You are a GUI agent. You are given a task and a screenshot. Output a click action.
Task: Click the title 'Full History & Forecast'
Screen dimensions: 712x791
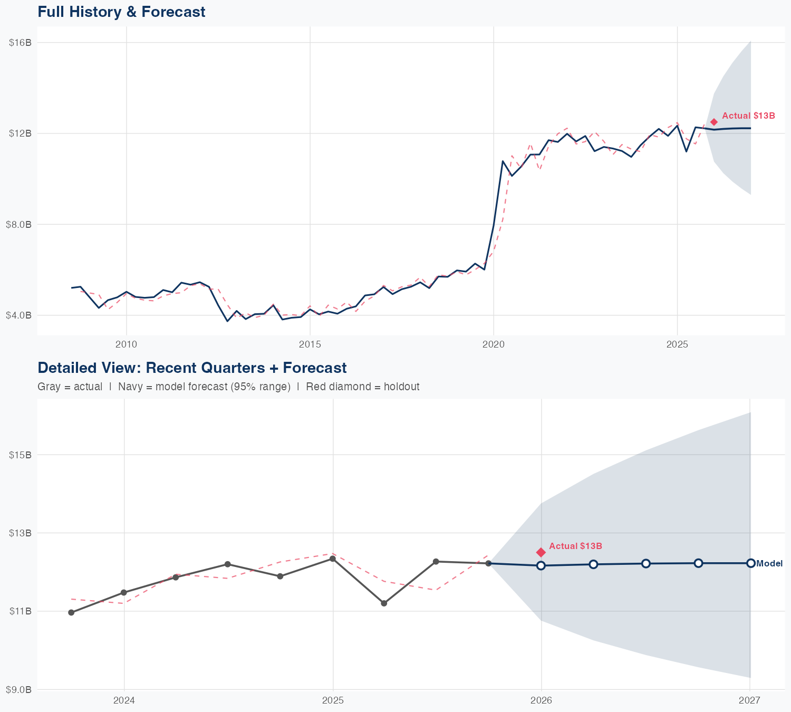(x=121, y=12)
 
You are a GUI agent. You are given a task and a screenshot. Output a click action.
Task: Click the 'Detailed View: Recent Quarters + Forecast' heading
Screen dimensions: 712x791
(x=192, y=368)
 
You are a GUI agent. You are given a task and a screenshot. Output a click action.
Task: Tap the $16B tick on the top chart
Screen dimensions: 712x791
(x=20, y=42)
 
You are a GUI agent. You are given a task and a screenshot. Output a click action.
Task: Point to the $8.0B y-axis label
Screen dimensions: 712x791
(x=19, y=224)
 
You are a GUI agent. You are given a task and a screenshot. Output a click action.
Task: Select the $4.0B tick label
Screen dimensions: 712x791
(x=19, y=315)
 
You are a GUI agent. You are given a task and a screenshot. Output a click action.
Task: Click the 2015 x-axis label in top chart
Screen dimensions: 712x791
(x=310, y=344)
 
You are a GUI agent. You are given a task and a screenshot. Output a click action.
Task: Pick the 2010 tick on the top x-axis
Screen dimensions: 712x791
(x=126, y=344)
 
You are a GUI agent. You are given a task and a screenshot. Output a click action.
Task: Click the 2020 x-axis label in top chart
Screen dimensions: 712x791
(x=493, y=344)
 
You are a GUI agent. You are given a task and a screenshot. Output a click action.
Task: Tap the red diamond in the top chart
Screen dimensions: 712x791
(x=713, y=122)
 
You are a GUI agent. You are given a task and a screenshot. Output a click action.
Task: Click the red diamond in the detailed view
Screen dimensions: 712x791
(x=541, y=552)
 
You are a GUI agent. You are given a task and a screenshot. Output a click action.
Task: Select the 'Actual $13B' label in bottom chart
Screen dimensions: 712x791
(x=575, y=546)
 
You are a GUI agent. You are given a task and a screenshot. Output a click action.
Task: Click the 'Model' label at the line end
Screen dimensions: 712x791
(x=769, y=564)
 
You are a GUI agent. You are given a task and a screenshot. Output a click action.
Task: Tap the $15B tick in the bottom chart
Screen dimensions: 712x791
(x=20, y=455)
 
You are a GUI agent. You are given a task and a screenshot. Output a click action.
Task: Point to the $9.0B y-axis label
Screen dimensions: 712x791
(x=19, y=689)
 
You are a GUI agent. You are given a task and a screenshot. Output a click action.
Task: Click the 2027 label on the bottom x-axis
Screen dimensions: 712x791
(x=749, y=700)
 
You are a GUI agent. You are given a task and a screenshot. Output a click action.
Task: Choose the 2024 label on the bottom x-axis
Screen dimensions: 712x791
(x=124, y=700)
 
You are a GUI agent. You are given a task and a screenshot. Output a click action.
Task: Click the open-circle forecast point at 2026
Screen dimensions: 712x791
(x=541, y=565)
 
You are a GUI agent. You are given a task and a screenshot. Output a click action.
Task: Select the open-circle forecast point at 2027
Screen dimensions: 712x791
(x=750, y=563)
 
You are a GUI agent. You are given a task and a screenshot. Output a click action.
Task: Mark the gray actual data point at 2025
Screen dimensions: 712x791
(x=332, y=559)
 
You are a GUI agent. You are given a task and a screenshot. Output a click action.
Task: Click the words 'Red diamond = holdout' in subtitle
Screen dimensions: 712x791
(x=363, y=387)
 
